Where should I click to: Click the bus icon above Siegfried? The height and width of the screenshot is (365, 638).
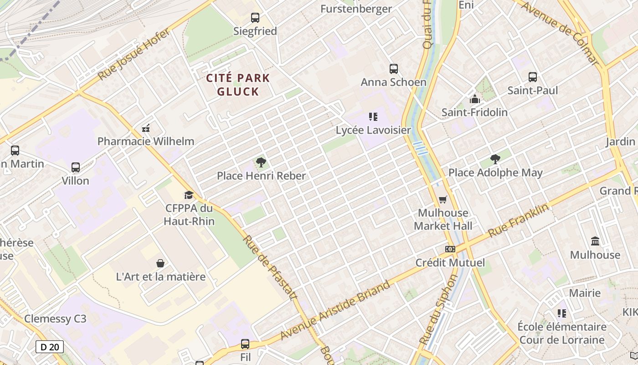click(255, 18)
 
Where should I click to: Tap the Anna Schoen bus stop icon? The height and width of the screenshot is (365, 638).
click(394, 69)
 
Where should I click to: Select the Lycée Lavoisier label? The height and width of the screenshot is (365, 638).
click(373, 130)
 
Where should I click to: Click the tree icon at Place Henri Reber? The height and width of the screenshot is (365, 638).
click(261, 162)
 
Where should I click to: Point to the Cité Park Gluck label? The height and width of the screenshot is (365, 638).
click(238, 84)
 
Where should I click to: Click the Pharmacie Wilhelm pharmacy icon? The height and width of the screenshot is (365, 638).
click(146, 128)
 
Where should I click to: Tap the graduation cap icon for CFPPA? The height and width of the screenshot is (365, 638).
click(189, 195)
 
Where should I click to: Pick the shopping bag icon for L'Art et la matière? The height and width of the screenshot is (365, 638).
click(160, 263)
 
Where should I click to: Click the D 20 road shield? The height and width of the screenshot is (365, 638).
click(50, 347)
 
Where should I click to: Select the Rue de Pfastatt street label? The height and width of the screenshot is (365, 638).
click(269, 268)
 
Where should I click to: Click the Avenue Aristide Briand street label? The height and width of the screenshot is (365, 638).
click(335, 311)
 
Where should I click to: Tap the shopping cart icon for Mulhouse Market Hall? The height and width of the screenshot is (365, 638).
click(443, 200)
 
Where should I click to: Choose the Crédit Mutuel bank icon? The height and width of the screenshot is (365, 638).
click(450, 249)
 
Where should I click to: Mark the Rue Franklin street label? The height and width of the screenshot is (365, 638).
click(518, 220)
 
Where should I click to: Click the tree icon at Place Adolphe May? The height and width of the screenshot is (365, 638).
click(495, 159)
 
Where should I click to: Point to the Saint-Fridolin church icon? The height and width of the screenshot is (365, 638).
click(474, 99)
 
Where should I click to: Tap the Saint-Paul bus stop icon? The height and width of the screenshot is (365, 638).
click(533, 77)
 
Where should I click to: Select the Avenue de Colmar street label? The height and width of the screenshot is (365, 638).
click(559, 33)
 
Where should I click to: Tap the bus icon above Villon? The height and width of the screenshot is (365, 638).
click(76, 167)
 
